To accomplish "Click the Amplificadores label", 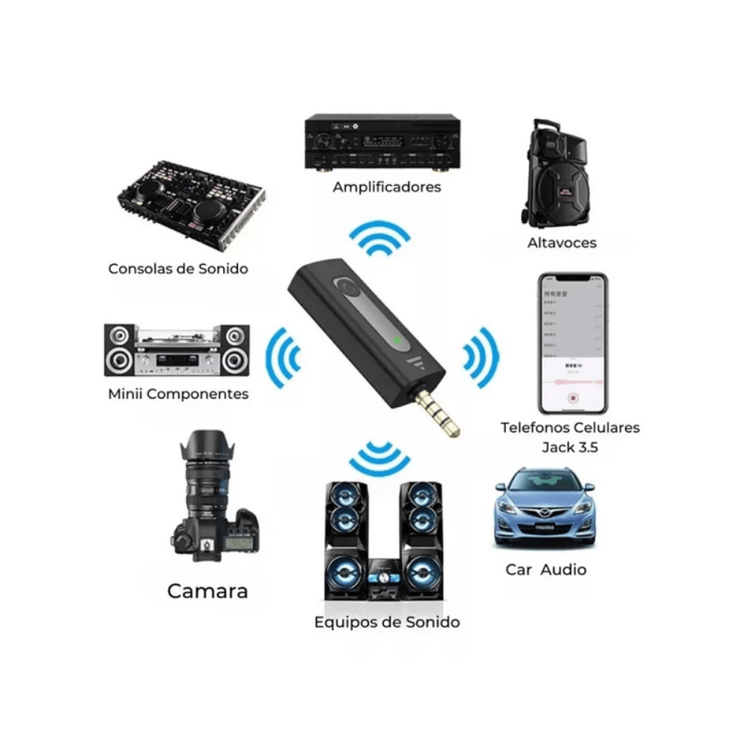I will click(x=386, y=187).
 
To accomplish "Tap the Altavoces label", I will click(x=562, y=243).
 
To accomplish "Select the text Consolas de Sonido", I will click(x=178, y=269).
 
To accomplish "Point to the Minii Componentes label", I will click(x=178, y=394).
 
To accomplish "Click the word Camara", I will click(x=208, y=591).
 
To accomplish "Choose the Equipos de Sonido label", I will click(x=387, y=622).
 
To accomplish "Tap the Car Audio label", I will click(x=546, y=570).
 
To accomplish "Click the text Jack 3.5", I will click(x=569, y=447).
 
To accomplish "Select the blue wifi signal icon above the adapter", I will click(x=379, y=239).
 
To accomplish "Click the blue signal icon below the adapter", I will click(x=379, y=458).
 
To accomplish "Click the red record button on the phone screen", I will click(x=573, y=398).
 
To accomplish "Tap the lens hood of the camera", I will click(x=207, y=446).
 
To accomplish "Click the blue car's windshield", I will click(x=545, y=483).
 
